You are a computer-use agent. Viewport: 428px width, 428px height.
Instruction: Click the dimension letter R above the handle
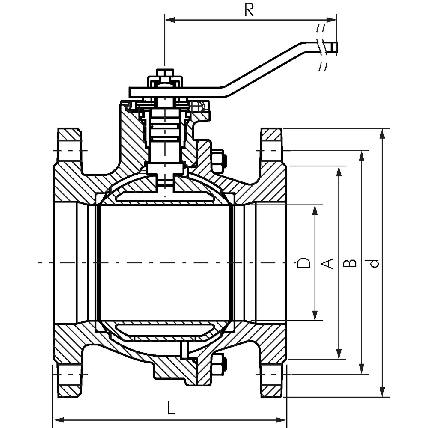point(249,10)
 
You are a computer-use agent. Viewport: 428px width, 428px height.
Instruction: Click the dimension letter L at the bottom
point(171,408)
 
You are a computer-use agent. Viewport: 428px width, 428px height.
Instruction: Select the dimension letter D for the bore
point(303,263)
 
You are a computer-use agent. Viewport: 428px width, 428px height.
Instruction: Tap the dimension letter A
point(327,263)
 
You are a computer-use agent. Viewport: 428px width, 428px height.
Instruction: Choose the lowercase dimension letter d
point(373,263)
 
